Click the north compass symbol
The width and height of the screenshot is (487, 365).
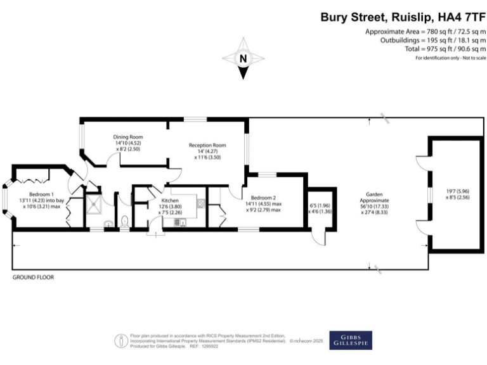(243, 59)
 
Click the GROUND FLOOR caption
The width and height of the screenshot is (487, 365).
(34, 278)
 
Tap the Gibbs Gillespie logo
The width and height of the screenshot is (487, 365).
(351, 340)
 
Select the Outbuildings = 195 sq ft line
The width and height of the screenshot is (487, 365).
(433, 41)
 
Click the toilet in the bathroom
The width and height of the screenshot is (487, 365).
(125, 221)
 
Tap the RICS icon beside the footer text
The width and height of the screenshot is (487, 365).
(120, 340)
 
